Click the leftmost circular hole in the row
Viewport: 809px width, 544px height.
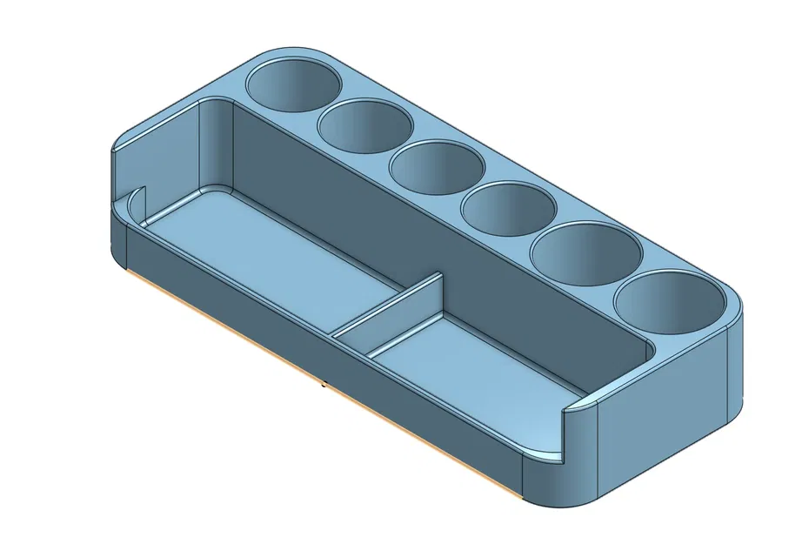[294, 85]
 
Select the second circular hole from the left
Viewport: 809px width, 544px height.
[364, 124]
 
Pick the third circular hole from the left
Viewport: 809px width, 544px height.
[436, 165]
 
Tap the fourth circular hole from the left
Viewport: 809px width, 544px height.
[508, 209]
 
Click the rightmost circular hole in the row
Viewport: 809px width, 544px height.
[669, 301]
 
